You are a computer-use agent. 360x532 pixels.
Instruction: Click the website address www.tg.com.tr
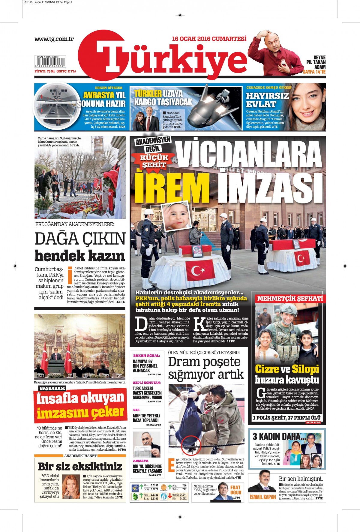click(x=54, y=39)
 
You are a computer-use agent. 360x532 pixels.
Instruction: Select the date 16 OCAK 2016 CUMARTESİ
click(x=209, y=39)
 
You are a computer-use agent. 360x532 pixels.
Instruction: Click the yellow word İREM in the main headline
click(x=172, y=187)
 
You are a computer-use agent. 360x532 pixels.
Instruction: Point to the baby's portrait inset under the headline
click(x=176, y=214)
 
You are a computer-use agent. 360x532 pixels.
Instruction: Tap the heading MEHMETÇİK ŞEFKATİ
click(x=290, y=299)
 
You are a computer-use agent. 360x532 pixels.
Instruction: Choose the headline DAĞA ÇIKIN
click(x=80, y=239)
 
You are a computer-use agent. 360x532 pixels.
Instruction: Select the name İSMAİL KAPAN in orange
click(x=263, y=497)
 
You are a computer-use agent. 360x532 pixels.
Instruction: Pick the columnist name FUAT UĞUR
click(x=235, y=490)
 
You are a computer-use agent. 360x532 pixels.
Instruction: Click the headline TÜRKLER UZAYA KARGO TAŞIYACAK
click(x=163, y=98)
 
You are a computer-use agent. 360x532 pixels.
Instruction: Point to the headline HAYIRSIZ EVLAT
click(x=267, y=100)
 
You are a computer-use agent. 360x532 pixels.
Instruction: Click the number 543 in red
click(x=136, y=410)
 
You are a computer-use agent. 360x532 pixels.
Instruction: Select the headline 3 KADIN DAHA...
click(x=279, y=436)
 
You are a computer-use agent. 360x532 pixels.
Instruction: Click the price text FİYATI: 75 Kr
click(x=45, y=71)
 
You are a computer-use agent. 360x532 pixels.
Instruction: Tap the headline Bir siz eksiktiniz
click(x=80, y=467)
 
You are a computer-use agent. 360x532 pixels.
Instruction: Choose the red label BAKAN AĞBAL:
click(x=146, y=355)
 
